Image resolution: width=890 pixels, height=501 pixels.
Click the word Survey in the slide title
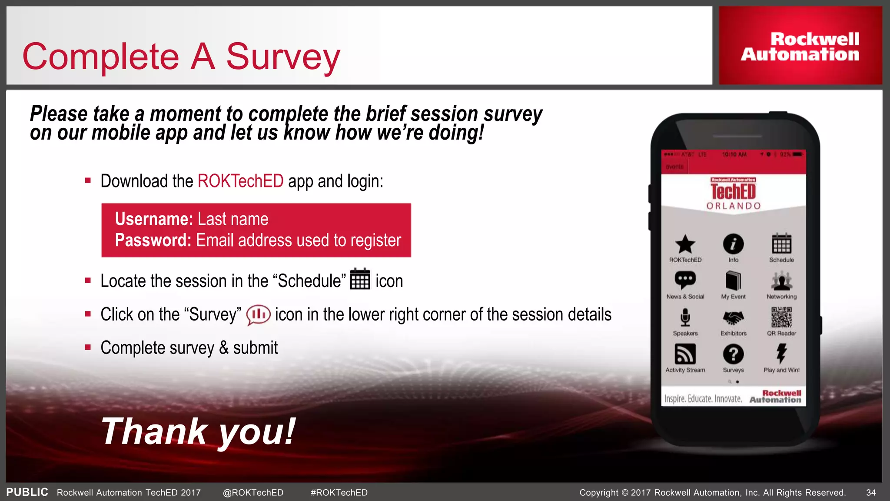(x=282, y=57)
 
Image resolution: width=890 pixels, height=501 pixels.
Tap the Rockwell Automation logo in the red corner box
(x=800, y=47)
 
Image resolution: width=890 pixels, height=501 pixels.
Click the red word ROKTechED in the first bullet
(x=240, y=181)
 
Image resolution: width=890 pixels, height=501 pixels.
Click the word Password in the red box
(x=153, y=240)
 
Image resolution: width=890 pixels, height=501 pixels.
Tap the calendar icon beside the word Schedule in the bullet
(x=360, y=279)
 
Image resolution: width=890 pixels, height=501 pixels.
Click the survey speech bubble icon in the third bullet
(x=258, y=314)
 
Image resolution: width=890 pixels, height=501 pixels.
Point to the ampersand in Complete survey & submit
(x=223, y=348)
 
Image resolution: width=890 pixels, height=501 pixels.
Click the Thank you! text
(x=198, y=431)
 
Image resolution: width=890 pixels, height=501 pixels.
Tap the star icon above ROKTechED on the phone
(x=685, y=244)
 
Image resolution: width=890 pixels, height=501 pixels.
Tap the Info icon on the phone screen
(x=733, y=244)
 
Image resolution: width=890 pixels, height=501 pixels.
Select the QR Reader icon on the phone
(x=781, y=317)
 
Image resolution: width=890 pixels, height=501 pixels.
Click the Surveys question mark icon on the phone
(x=733, y=354)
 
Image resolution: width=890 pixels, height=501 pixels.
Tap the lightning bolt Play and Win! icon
(x=781, y=353)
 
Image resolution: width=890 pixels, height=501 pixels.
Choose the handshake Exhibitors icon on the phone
(x=733, y=318)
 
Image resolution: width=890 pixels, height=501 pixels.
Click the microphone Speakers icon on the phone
(x=685, y=317)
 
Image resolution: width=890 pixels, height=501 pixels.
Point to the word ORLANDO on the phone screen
(x=734, y=206)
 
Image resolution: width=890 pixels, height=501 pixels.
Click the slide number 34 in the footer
(x=870, y=493)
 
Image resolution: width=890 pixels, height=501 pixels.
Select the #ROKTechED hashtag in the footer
(x=339, y=493)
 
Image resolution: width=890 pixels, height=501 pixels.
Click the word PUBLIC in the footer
(x=27, y=492)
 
